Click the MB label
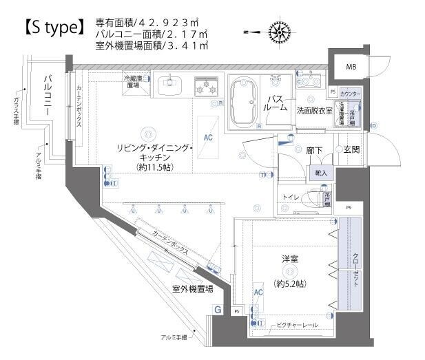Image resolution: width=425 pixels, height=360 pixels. (351, 67)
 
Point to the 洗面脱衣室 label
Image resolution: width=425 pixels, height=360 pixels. (314, 110)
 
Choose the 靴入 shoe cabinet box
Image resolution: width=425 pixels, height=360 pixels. (322, 173)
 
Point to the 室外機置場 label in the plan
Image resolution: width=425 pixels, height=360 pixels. (192, 289)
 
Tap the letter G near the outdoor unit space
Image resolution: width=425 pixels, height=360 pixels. (218, 310)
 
